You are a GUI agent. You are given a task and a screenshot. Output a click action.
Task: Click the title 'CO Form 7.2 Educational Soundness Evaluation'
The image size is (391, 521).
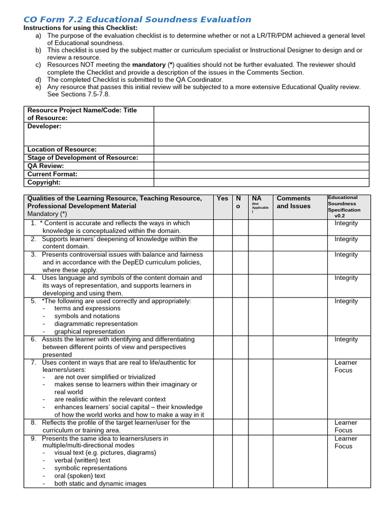137,20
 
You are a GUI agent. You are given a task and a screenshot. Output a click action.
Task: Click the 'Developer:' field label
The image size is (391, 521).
44,126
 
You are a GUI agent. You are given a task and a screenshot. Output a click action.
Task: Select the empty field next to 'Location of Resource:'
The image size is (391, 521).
261,150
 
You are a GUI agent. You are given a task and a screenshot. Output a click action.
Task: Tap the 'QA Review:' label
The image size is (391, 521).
46,166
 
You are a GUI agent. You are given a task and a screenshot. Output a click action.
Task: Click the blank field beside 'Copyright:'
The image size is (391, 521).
261,182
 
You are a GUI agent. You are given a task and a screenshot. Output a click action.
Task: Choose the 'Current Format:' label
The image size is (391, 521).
52,174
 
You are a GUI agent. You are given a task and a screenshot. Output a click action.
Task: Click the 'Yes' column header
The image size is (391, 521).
222,198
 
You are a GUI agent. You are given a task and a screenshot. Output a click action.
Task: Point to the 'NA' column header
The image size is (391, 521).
257,198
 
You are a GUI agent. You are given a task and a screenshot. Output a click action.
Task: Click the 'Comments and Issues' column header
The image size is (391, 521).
293,202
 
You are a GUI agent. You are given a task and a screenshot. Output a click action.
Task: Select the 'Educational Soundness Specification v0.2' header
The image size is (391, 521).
345,207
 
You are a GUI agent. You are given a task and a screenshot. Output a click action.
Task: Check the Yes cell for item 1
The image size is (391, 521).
222,227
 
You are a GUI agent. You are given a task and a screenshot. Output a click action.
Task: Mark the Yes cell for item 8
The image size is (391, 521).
222,426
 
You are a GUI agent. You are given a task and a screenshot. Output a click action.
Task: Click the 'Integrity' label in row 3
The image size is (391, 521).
346,255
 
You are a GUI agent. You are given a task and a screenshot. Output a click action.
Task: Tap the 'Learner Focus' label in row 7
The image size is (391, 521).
346,366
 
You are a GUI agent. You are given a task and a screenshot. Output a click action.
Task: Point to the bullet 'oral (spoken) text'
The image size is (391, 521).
80,476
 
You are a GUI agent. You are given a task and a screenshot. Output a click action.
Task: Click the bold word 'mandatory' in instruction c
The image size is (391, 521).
149,65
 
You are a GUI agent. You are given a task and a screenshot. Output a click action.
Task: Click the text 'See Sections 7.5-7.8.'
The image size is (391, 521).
78,94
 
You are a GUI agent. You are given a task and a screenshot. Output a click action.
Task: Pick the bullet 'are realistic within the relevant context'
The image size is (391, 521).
110,399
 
